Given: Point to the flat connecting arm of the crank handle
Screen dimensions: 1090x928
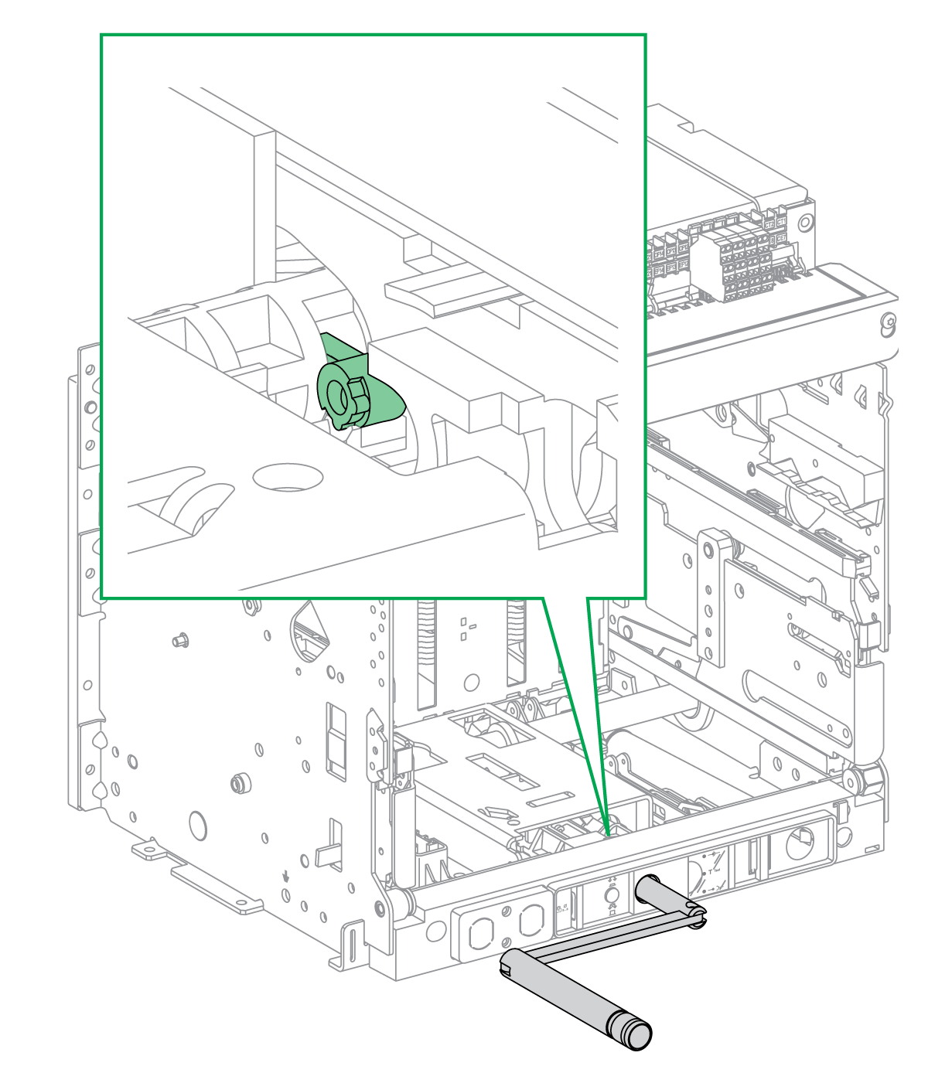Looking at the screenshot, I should point(611,936).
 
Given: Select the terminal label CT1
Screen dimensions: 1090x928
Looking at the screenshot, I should point(781,221).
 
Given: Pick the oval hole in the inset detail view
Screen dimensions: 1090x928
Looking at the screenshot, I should point(288,477).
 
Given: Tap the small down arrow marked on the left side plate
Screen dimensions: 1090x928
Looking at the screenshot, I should point(286,877).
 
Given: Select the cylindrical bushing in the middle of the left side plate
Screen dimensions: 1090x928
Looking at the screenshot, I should point(239,782).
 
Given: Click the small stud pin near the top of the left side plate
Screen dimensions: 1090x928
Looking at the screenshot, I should point(180,640).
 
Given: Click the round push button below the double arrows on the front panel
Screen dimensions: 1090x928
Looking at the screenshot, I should point(612,894).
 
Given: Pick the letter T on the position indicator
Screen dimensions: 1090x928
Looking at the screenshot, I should point(710,871).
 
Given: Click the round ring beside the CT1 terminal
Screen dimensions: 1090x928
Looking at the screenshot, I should point(804,223).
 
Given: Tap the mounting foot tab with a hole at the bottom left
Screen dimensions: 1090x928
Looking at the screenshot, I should point(148,851).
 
